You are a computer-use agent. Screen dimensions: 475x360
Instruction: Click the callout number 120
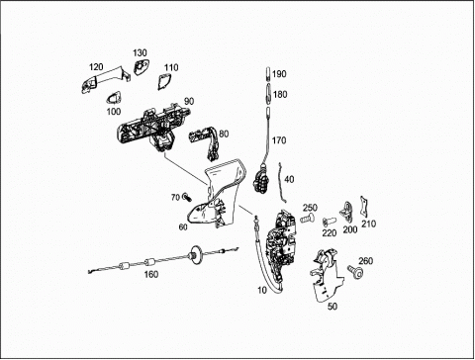pos(96,67)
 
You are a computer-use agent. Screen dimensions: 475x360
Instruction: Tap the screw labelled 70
pos(187,197)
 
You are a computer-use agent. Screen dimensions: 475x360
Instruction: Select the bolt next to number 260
pos(355,272)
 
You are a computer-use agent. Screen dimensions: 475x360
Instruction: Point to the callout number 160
pos(151,274)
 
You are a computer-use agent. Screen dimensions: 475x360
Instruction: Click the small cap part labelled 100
pos(113,98)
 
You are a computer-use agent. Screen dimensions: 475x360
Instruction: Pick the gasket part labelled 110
pos(164,81)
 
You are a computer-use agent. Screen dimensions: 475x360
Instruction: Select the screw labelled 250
pos(307,219)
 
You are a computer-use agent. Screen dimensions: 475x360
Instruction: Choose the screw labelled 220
pos(329,221)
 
